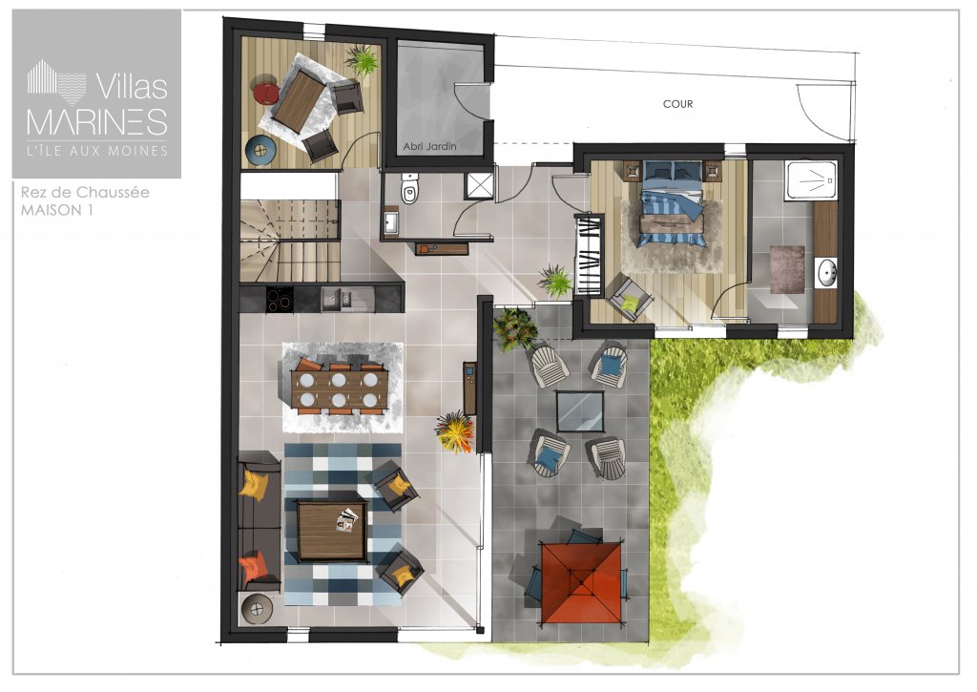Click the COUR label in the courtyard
click(677, 104)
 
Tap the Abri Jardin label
click(429, 146)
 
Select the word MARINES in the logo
click(97, 121)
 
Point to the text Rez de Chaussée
click(85, 192)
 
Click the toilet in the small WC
click(409, 188)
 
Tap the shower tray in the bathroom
click(810, 180)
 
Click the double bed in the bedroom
click(673, 203)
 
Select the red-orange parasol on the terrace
click(581, 582)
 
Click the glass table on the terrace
click(580, 411)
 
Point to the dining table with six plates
click(340, 389)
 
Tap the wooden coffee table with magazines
click(332, 531)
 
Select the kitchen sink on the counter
click(337, 299)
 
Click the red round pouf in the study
click(266, 92)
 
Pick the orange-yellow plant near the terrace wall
click(455, 431)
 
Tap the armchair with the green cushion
click(631, 299)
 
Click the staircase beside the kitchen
click(290, 241)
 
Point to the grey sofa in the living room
click(260, 521)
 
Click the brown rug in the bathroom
click(787, 269)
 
